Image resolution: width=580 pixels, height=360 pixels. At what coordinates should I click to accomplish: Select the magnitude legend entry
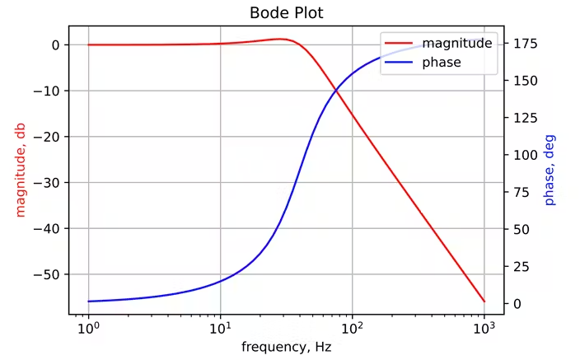457,43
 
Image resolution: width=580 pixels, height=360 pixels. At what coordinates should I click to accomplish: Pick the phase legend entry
442,62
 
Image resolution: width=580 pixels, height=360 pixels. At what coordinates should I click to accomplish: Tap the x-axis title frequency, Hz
286,347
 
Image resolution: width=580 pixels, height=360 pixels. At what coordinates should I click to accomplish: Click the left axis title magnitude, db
21,170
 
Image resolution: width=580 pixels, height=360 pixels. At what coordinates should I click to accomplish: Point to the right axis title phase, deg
550,170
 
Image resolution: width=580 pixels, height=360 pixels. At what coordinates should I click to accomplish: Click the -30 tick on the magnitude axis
49,183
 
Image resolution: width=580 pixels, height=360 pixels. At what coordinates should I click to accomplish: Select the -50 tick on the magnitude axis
49,274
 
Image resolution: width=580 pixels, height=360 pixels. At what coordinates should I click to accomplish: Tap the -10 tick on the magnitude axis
49,91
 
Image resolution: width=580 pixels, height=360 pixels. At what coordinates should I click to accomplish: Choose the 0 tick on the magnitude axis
55,45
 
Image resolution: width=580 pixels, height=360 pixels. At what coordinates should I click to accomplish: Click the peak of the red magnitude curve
281,39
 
